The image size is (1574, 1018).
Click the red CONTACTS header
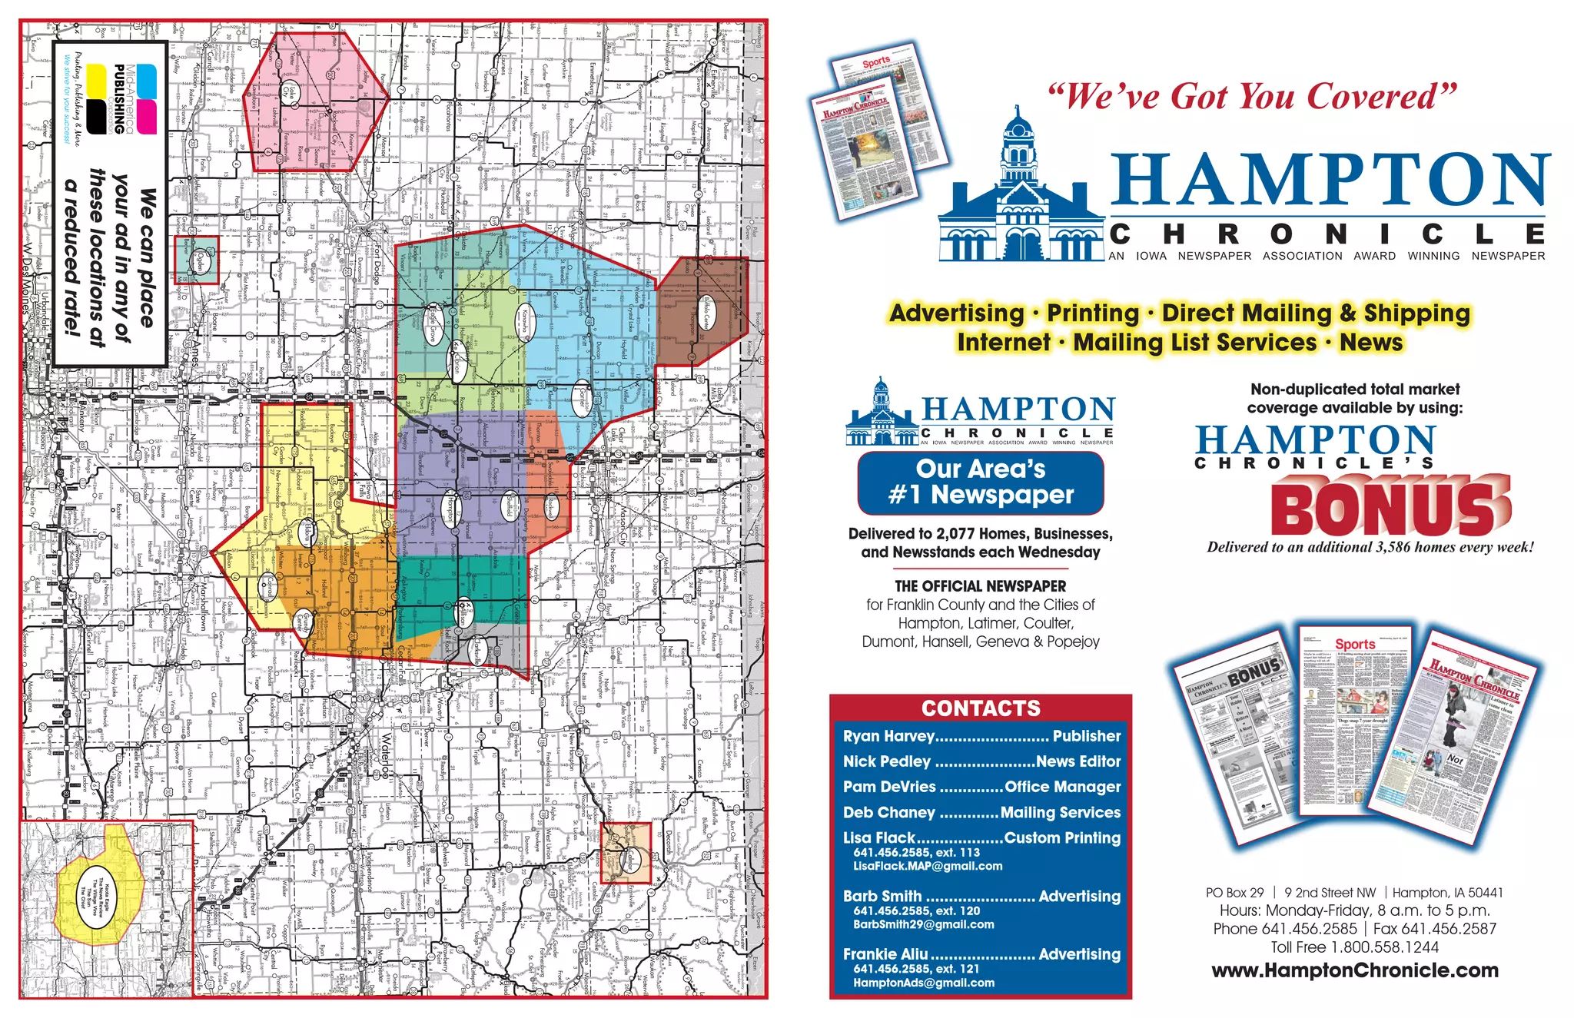[981, 708]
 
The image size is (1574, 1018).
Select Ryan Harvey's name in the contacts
[888, 736]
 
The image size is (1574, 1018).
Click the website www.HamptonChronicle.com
[1354, 970]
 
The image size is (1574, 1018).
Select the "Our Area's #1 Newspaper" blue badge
[981, 482]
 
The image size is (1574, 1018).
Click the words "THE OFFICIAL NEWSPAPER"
[980, 586]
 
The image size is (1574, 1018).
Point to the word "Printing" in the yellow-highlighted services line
[1092, 313]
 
